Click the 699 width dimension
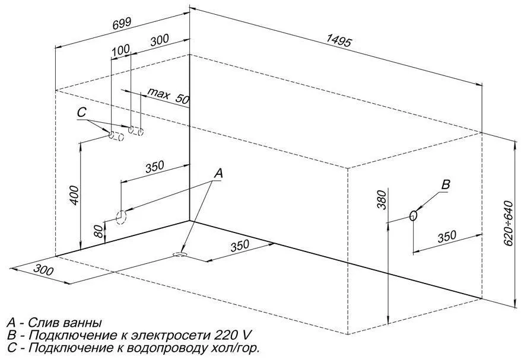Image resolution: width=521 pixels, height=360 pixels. (x=122, y=24)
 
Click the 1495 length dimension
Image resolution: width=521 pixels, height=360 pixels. (x=338, y=40)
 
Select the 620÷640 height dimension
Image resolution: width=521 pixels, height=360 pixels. (x=509, y=223)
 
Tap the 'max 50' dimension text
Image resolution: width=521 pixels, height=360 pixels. (x=168, y=96)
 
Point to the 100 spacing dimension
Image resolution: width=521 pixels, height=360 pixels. (x=120, y=50)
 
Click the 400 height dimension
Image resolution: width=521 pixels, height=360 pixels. (x=75, y=195)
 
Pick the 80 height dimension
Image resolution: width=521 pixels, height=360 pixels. (x=99, y=231)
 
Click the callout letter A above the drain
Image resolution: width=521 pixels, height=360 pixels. (x=218, y=173)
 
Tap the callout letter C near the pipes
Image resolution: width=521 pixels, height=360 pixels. (x=81, y=113)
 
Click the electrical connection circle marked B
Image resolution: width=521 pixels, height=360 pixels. (x=413, y=216)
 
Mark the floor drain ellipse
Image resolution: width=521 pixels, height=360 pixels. (x=180, y=254)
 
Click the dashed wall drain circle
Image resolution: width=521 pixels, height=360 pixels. (x=121, y=218)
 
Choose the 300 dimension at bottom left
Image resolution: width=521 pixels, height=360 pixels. (x=43, y=270)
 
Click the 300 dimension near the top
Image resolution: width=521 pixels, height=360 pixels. (x=160, y=40)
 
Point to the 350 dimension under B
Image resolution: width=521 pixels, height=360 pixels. (x=447, y=237)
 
